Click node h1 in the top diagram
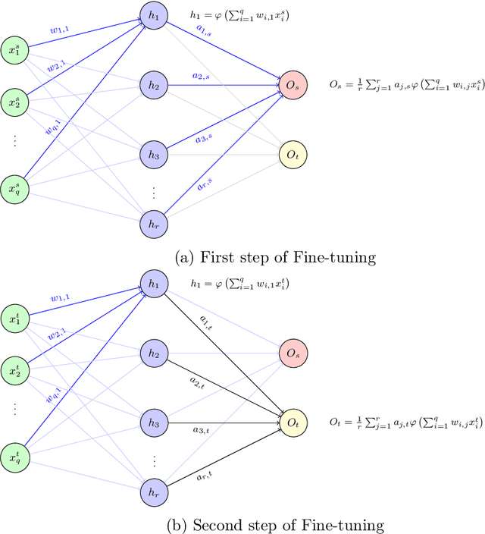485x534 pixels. pos(153,14)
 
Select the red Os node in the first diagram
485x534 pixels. pos(293,86)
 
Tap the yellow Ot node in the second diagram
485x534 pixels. pos(293,422)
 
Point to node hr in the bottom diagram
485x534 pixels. pos(153,492)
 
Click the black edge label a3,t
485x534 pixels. pos(216,429)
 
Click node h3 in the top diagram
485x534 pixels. pos(153,154)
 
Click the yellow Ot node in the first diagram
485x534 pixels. pos(293,155)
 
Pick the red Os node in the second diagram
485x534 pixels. pos(293,353)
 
